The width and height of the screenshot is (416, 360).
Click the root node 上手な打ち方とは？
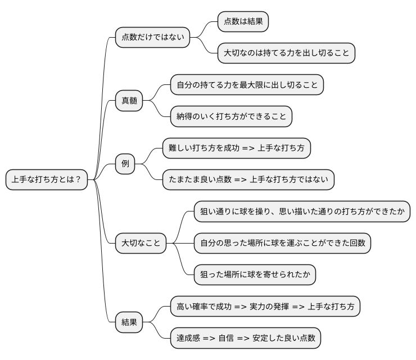pyautogui.click(x=46, y=180)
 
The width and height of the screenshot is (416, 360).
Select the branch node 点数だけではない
pyautogui.click(x=152, y=38)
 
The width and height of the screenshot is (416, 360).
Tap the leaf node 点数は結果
pyautogui.click(x=243, y=22)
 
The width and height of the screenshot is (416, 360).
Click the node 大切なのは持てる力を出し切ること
pyautogui.click(x=287, y=53)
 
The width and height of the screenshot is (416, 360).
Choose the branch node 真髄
pyautogui.click(x=129, y=101)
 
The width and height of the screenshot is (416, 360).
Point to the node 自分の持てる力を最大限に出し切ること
pyautogui.click(x=247, y=85)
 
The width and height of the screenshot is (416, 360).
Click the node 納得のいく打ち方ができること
pyautogui.click(x=232, y=116)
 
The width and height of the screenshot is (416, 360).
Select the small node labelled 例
pyautogui.click(x=125, y=164)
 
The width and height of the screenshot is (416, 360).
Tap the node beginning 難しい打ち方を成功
pyautogui.click(x=237, y=148)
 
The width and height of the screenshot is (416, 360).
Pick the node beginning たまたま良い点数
pyautogui.click(x=248, y=180)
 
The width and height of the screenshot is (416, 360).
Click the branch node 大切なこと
pyautogui.click(x=141, y=243)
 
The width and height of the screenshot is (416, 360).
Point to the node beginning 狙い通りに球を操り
pyautogui.click(x=301, y=212)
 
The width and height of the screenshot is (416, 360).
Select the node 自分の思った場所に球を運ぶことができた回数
pyautogui.click(x=282, y=244)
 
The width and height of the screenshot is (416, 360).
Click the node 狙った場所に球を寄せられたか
pyautogui.click(x=254, y=275)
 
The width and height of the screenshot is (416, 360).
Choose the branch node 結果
pyautogui.click(x=129, y=323)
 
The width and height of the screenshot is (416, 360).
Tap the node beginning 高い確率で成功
pyautogui.click(x=265, y=307)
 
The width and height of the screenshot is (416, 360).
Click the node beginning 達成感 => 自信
pyautogui.click(x=246, y=338)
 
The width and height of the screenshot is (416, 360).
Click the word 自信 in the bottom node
pyautogui.click(x=226, y=338)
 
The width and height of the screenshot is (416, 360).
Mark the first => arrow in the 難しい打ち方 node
pyautogui.click(x=248, y=148)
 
